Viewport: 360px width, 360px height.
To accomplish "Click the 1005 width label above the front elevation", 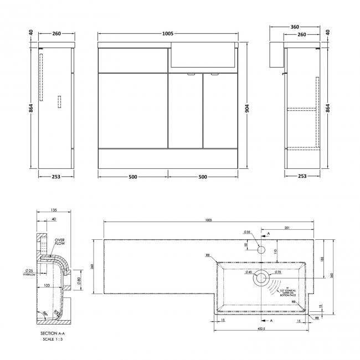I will (167, 34).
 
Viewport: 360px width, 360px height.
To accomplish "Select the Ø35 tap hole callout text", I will (246, 232).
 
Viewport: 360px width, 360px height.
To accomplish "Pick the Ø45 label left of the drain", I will (249, 272).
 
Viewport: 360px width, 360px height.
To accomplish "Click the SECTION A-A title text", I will (53, 333).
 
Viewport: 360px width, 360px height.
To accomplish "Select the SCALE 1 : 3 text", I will (53, 339).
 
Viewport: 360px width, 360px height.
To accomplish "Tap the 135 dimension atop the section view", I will (53, 210).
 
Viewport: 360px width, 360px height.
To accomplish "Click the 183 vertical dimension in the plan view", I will (322, 260).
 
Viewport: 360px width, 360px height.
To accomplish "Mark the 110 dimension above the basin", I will (275, 252).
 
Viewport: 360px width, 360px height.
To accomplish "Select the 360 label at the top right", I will (295, 27).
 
